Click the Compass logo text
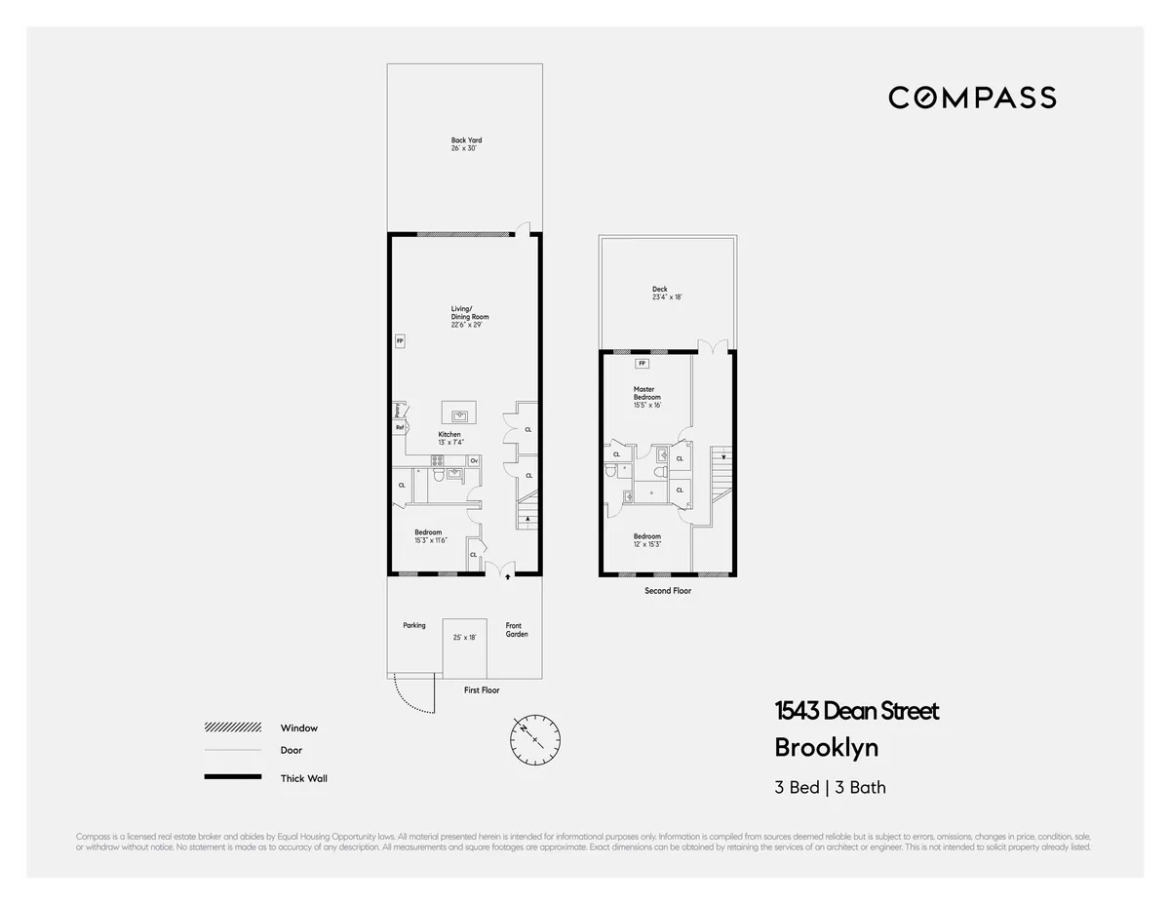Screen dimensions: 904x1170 click(972, 98)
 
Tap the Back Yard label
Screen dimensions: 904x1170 click(466, 140)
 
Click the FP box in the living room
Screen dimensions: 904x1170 click(400, 341)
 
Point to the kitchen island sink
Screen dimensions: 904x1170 click(456, 413)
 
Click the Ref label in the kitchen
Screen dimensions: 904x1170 click(399, 426)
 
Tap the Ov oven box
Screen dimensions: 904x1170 click(474, 460)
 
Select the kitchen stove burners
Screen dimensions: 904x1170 click(439, 460)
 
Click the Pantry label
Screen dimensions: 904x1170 click(398, 411)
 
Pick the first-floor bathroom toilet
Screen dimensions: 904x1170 click(441, 475)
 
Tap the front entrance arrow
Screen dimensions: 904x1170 click(507, 576)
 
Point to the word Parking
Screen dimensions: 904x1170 click(414, 625)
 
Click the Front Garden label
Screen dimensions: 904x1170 click(516, 630)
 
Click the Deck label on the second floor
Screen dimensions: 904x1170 click(660, 289)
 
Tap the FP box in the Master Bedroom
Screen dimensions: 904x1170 click(642, 364)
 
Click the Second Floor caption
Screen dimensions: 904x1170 click(668, 591)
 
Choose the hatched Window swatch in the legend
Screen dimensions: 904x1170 click(232, 727)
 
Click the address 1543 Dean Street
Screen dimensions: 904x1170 click(857, 711)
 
